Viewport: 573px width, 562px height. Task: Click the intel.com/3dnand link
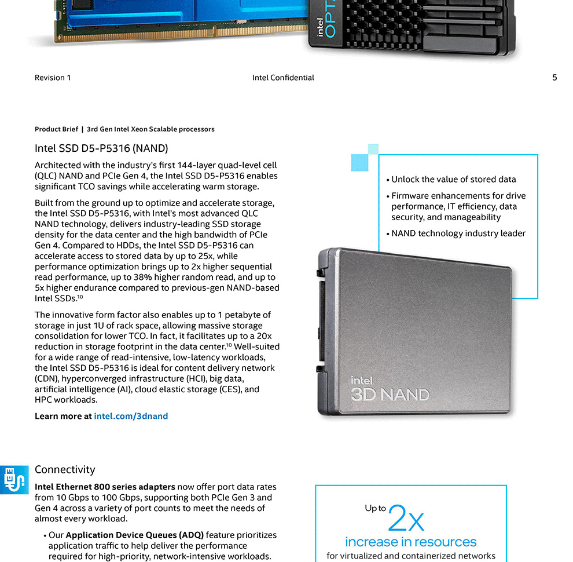point(131,416)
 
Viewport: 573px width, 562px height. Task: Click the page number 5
point(554,78)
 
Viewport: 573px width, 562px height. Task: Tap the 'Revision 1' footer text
point(53,78)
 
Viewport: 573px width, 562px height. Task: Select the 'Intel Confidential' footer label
point(283,78)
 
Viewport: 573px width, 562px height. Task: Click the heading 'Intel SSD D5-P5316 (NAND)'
point(101,148)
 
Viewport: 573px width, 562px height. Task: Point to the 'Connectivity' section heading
point(65,469)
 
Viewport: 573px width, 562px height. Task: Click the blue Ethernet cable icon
point(14,480)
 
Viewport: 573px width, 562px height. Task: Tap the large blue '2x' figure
point(406,518)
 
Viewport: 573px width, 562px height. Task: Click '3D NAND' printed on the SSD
point(390,395)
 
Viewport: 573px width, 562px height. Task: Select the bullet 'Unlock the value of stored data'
point(454,179)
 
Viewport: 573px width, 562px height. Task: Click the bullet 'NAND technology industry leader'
point(458,233)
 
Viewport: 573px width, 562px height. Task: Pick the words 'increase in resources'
point(411,542)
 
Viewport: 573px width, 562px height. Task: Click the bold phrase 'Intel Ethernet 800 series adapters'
point(105,487)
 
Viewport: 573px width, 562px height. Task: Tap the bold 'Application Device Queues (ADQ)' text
point(134,535)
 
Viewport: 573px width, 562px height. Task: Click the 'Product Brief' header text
point(56,129)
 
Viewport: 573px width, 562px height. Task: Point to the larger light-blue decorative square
point(359,162)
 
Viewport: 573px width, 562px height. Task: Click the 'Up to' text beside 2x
point(375,508)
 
